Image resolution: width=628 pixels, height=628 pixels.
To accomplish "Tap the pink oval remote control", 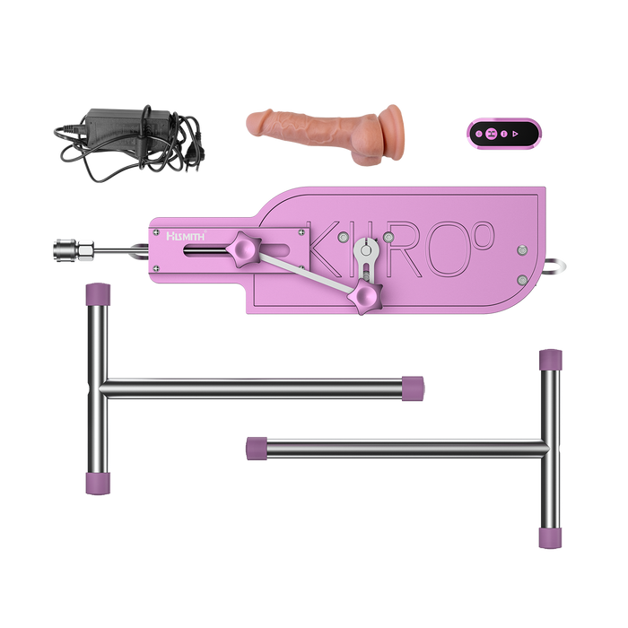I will (x=502, y=134).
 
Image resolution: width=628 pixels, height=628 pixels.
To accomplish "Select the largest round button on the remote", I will (x=492, y=134).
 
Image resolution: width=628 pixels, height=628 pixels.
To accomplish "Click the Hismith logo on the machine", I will (x=186, y=236).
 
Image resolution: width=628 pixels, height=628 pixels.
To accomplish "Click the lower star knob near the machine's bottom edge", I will (x=366, y=293).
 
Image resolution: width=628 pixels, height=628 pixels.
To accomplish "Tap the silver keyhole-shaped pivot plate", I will (x=366, y=256).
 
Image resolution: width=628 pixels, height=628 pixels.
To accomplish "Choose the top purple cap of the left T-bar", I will (x=98, y=293).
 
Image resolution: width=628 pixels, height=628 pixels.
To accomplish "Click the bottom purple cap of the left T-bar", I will (x=100, y=483).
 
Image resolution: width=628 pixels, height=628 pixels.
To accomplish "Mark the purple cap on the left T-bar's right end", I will (x=413, y=387).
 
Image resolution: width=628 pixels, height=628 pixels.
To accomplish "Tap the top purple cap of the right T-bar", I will (x=551, y=359).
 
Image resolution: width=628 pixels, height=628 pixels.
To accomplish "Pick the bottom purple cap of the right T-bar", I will (x=549, y=537).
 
